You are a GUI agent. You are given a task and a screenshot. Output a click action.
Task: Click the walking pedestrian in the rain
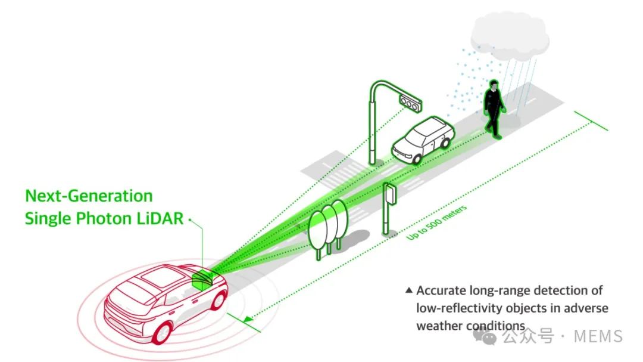click(x=494, y=109)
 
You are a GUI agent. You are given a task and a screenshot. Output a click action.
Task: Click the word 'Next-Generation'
click(x=89, y=196)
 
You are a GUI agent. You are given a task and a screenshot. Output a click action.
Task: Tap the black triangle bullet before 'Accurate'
click(x=408, y=290)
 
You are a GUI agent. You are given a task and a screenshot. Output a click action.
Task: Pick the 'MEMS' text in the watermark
click(x=598, y=336)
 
